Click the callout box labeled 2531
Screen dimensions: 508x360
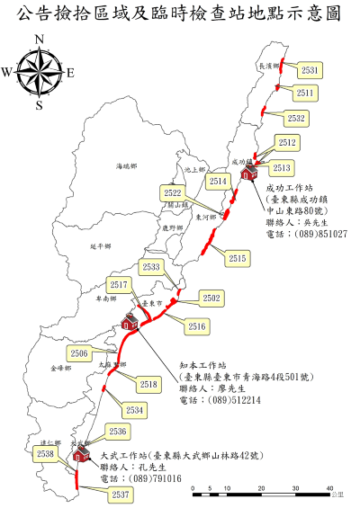click(x=309, y=69)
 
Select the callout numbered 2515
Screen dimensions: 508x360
click(x=238, y=258)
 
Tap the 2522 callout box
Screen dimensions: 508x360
click(x=174, y=192)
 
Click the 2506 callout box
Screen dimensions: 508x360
click(x=79, y=353)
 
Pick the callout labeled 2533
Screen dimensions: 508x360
click(x=151, y=267)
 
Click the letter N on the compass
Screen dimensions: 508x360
click(x=39, y=39)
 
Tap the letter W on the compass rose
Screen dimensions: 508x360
click(x=7, y=72)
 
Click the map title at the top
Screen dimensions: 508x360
click(x=180, y=13)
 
